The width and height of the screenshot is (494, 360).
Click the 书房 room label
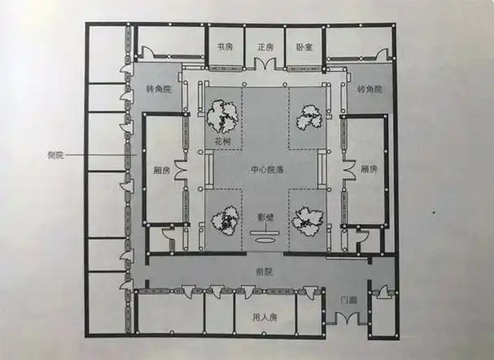(x=225, y=46)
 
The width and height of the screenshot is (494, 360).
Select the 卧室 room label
(x=303, y=46)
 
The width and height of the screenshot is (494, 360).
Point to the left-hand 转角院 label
(x=158, y=88)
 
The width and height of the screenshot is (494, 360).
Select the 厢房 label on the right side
(x=368, y=170)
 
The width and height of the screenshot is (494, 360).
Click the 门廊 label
(x=346, y=300)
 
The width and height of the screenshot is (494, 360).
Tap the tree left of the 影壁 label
(x=222, y=221)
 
